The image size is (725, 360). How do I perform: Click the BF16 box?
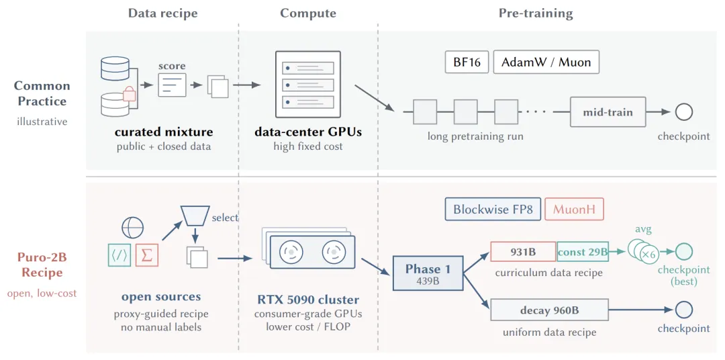(x=467, y=62)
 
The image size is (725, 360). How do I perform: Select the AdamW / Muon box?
(x=546, y=62)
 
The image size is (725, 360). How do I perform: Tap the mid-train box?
(x=608, y=112)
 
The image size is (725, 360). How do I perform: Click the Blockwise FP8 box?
(x=493, y=209)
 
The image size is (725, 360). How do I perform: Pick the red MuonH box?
(x=575, y=209)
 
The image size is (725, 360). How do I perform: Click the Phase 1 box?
(x=428, y=273)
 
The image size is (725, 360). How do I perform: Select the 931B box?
(x=523, y=252)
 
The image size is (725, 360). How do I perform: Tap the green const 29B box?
(x=583, y=252)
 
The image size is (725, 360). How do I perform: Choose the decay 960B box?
(x=549, y=310)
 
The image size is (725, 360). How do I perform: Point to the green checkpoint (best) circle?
(x=684, y=251)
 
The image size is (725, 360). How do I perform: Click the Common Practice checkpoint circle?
(x=684, y=112)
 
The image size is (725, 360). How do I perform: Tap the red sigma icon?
(x=147, y=255)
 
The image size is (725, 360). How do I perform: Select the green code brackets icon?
(x=119, y=255)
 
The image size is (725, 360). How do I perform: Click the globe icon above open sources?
(x=133, y=228)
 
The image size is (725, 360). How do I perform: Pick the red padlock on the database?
(x=129, y=95)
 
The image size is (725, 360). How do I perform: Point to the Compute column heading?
(x=308, y=13)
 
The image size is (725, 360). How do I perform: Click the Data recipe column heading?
(x=162, y=13)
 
